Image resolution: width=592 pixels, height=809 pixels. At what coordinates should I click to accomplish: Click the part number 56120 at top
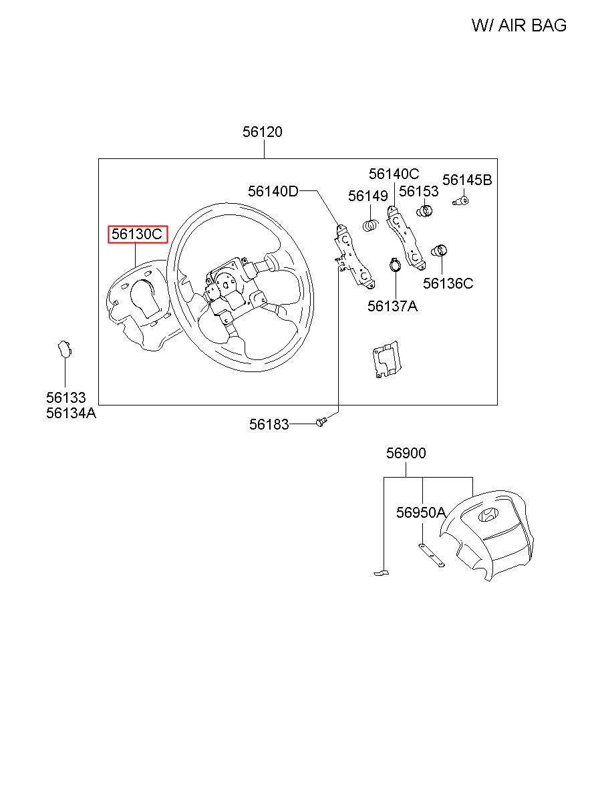pyautogui.click(x=262, y=132)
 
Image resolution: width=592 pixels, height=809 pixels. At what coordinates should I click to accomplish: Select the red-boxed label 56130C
pyautogui.click(x=138, y=234)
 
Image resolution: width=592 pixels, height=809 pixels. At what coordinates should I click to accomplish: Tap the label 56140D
pyautogui.click(x=273, y=192)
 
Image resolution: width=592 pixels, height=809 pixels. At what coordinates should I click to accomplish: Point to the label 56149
pyautogui.click(x=367, y=196)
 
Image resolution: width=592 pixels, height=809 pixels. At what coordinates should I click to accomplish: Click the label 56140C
pyautogui.click(x=394, y=174)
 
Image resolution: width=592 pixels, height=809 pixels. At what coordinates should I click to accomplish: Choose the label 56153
pyautogui.click(x=418, y=192)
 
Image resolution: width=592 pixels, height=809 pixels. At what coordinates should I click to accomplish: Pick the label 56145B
pyautogui.click(x=467, y=180)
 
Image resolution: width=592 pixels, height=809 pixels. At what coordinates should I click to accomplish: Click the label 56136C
pyautogui.click(x=448, y=283)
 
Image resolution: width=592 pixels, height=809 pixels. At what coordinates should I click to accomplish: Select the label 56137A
pyautogui.click(x=392, y=306)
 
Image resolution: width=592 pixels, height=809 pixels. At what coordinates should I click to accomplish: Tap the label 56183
pyautogui.click(x=269, y=424)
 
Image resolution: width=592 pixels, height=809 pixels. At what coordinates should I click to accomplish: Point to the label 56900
pyautogui.click(x=406, y=454)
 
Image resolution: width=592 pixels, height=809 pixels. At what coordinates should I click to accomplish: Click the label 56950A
pyautogui.click(x=420, y=512)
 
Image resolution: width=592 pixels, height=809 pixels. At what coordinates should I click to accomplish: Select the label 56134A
pyautogui.click(x=71, y=413)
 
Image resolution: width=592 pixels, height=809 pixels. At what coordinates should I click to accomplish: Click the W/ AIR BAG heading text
pyautogui.click(x=519, y=25)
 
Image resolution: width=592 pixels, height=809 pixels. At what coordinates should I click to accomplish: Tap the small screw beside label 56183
pyautogui.click(x=321, y=422)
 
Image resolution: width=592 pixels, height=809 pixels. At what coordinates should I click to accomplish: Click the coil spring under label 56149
pyautogui.click(x=370, y=226)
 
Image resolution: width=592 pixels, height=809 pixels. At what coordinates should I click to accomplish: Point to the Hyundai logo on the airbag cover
pyautogui.click(x=488, y=515)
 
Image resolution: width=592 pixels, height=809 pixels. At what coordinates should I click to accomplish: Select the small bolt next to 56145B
pyautogui.click(x=460, y=200)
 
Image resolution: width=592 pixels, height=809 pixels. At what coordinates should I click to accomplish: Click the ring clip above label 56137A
pyautogui.click(x=394, y=266)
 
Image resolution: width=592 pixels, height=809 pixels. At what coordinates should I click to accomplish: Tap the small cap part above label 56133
pyautogui.click(x=63, y=349)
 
